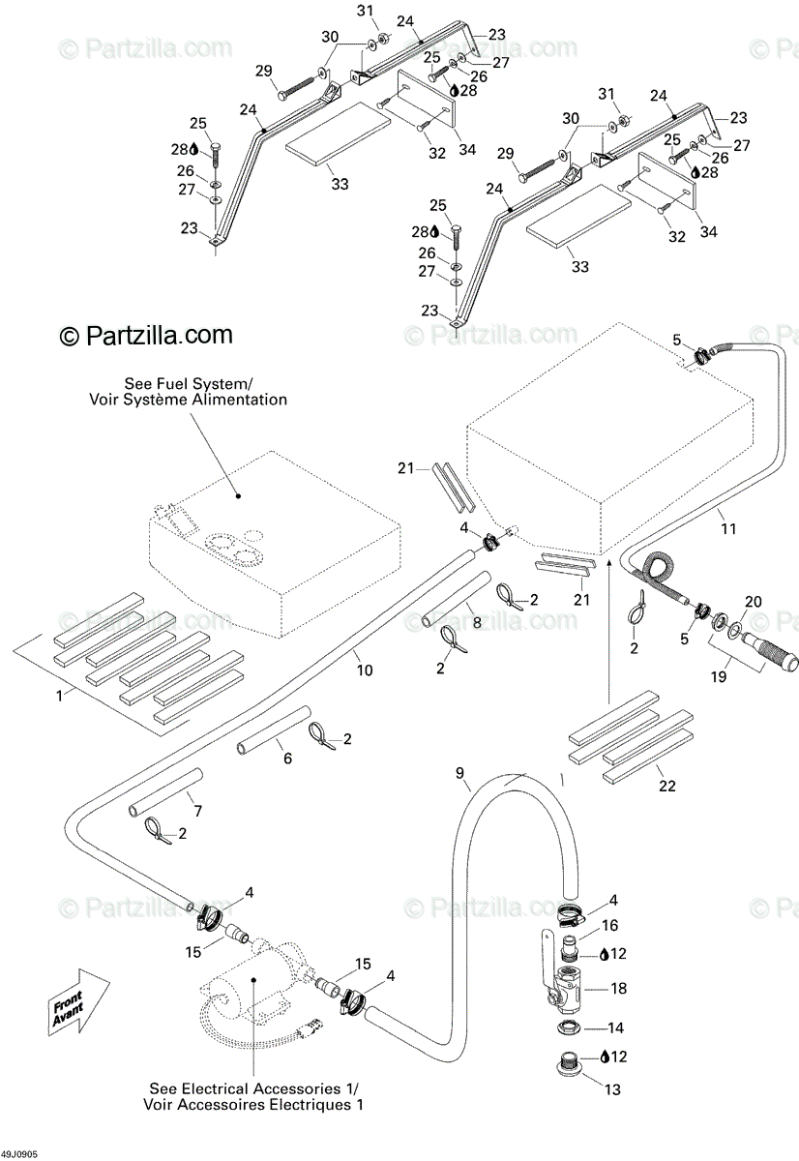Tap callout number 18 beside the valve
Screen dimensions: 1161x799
click(x=619, y=988)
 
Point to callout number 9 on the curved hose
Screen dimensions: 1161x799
click(x=460, y=773)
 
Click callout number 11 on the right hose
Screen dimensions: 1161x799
click(x=728, y=529)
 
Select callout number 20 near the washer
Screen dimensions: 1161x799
click(x=754, y=602)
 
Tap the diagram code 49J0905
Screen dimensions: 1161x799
click(x=19, y=1154)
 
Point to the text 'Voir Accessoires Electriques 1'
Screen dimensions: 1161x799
click(x=254, y=1104)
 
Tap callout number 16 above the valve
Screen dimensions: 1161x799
click(x=610, y=926)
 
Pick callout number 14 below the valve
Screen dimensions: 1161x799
click(x=615, y=1027)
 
